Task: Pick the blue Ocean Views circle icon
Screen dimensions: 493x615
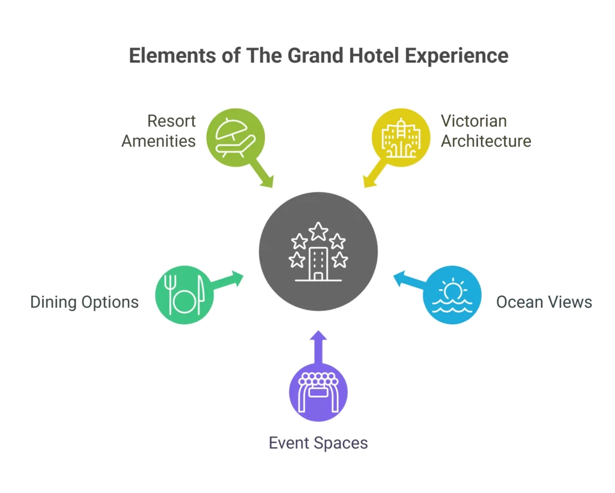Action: [x=452, y=295]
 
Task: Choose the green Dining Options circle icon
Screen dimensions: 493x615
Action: [x=185, y=295]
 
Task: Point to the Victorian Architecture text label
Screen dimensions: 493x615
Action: [x=486, y=131]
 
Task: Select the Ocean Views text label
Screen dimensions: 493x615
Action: [x=544, y=302]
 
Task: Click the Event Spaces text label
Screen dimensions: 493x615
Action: [x=318, y=444]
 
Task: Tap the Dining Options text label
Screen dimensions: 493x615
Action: [x=85, y=302]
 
